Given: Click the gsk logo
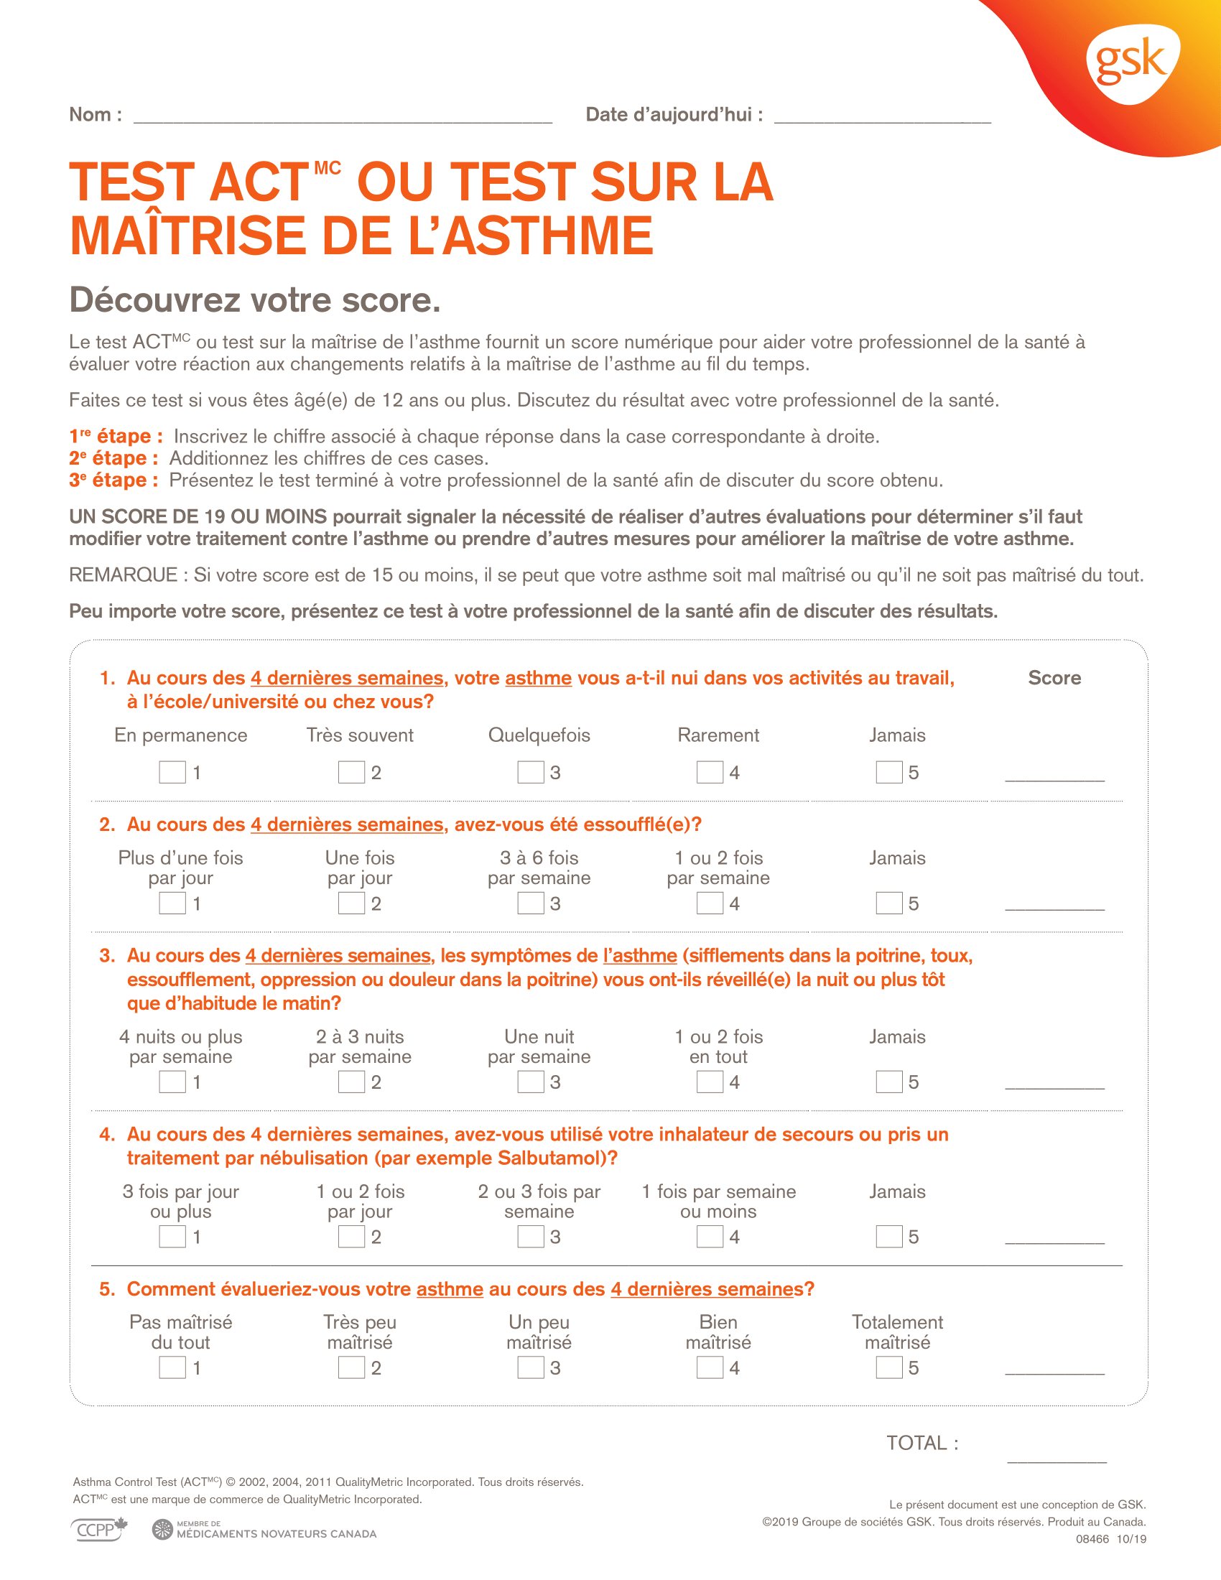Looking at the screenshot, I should [x=1131, y=63].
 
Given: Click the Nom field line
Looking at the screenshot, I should [x=343, y=119].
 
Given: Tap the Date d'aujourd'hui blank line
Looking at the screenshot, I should [x=882, y=119].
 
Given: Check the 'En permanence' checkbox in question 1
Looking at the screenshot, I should [x=172, y=772].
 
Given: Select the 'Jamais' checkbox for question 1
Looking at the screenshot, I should [x=889, y=772].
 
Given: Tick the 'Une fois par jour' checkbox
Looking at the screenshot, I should [x=351, y=903].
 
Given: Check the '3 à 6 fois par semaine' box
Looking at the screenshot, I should [x=530, y=903].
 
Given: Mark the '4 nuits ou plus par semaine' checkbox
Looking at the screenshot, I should [x=172, y=1082].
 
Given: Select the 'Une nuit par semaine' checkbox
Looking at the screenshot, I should [x=530, y=1082].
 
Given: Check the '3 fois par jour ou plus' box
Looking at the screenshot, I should [x=172, y=1237].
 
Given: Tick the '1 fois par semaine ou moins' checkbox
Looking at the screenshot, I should [x=710, y=1237].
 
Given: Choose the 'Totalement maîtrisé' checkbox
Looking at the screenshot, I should [x=889, y=1367].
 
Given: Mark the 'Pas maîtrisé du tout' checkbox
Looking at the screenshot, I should [x=172, y=1367].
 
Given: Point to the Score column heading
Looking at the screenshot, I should [x=1054, y=678].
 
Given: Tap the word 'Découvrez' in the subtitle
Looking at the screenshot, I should [x=146, y=300].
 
